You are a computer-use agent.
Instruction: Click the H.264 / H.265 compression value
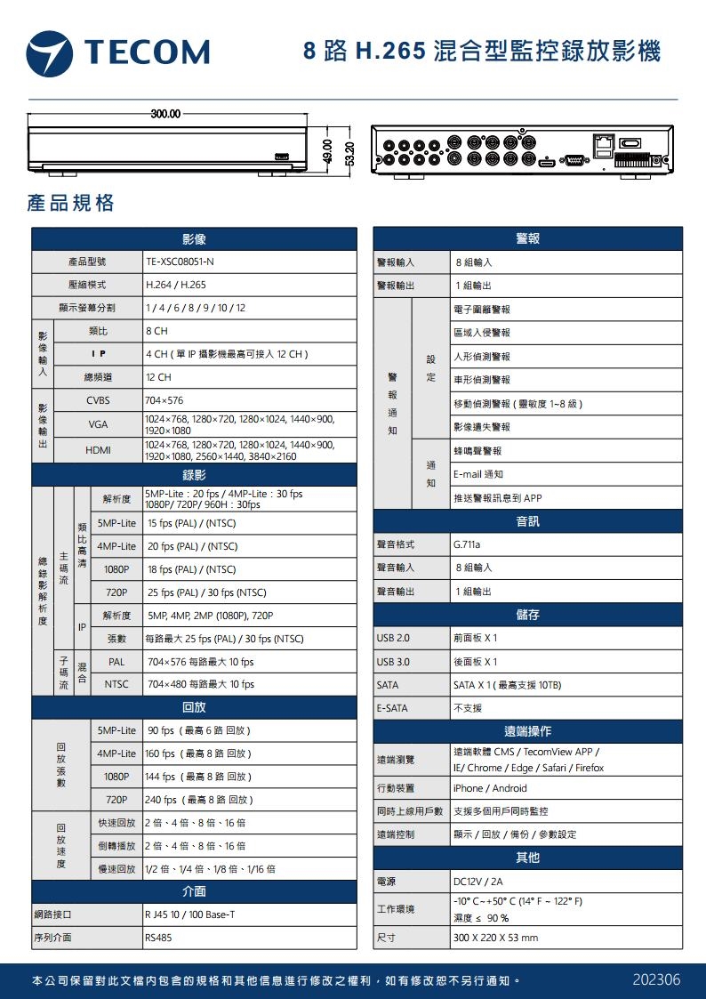pos(176,286)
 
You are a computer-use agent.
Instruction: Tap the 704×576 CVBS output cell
pos(164,401)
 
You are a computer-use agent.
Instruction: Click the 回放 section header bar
pos(194,708)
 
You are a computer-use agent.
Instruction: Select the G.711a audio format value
pos(469,544)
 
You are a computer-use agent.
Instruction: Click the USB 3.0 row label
pos(393,662)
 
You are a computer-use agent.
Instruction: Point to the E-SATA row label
pos(391,708)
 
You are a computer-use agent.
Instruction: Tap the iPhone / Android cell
pos(490,788)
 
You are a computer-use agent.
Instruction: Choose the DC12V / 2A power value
pos(477,882)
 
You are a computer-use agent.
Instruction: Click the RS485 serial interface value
pos(158,938)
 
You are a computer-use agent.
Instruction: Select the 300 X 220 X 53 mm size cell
pos(495,938)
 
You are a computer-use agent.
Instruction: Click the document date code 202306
pos(656,979)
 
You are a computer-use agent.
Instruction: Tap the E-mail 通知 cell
pos(478,474)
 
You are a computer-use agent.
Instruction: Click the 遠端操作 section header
pos(528,731)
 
